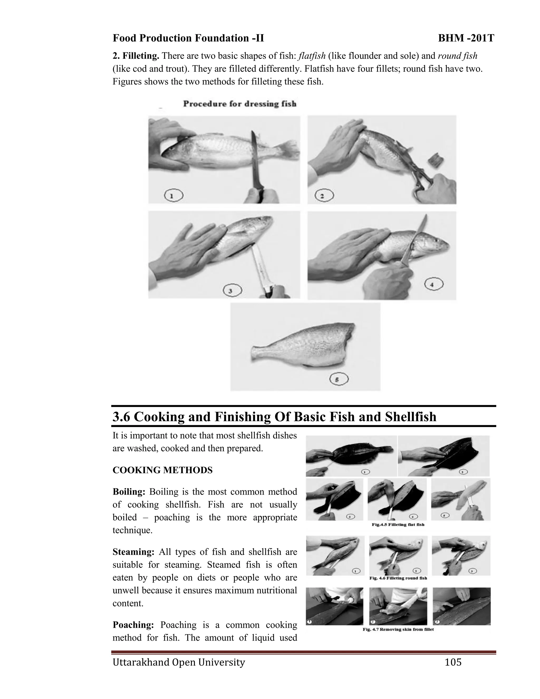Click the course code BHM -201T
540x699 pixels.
tap(466, 38)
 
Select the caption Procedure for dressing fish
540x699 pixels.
tap(240, 104)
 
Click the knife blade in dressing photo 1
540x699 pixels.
tap(255, 160)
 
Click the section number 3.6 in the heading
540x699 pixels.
tap(121, 417)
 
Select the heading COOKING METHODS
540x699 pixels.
tap(162, 470)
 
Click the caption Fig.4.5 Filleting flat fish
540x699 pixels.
tap(398, 525)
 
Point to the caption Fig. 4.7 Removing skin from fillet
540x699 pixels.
tap(398, 630)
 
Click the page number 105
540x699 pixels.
tap(453, 662)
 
